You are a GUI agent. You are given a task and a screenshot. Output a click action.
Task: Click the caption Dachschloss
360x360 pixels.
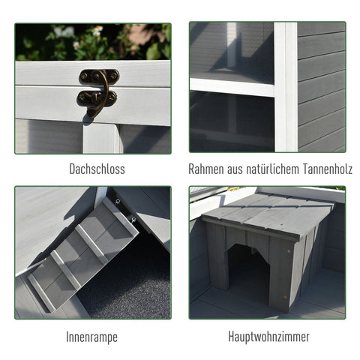point(93,169)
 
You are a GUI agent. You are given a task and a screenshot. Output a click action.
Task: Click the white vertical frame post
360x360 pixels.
point(286,86)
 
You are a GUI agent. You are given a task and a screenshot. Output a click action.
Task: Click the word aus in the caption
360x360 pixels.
point(238,169)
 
